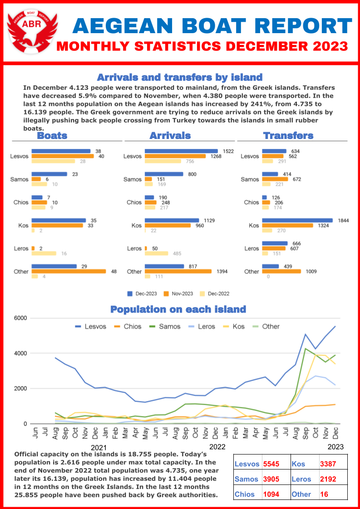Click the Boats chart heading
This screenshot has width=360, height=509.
pyautogui.click(x=52, y=136)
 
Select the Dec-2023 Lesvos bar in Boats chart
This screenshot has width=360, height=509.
pyautogui.click(x=61, y=151)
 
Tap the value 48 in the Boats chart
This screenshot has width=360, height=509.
pyautogui.click(x=114, y=271)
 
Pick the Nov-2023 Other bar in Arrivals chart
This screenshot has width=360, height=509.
pyautogui.click(x=178, y=271)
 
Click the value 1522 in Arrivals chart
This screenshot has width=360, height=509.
pyautogui.click(x=228, y=151)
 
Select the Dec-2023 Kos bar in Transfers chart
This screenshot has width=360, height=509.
pyautogui.click(x=297, y=220)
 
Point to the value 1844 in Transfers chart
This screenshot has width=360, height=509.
pyautogui.click(x=344, y=220)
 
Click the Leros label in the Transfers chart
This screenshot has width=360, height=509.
pyautogui.click(x=252, y=248)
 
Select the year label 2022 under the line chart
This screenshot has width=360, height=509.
pyautogui.click(x=217, y=447)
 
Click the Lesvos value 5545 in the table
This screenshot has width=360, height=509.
pyautogui.click(x=271, y=464)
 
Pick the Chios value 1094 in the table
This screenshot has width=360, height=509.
pyautogui.click(x=271, y=494)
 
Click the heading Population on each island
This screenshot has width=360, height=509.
pyautogui.click(x=178, y=310)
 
